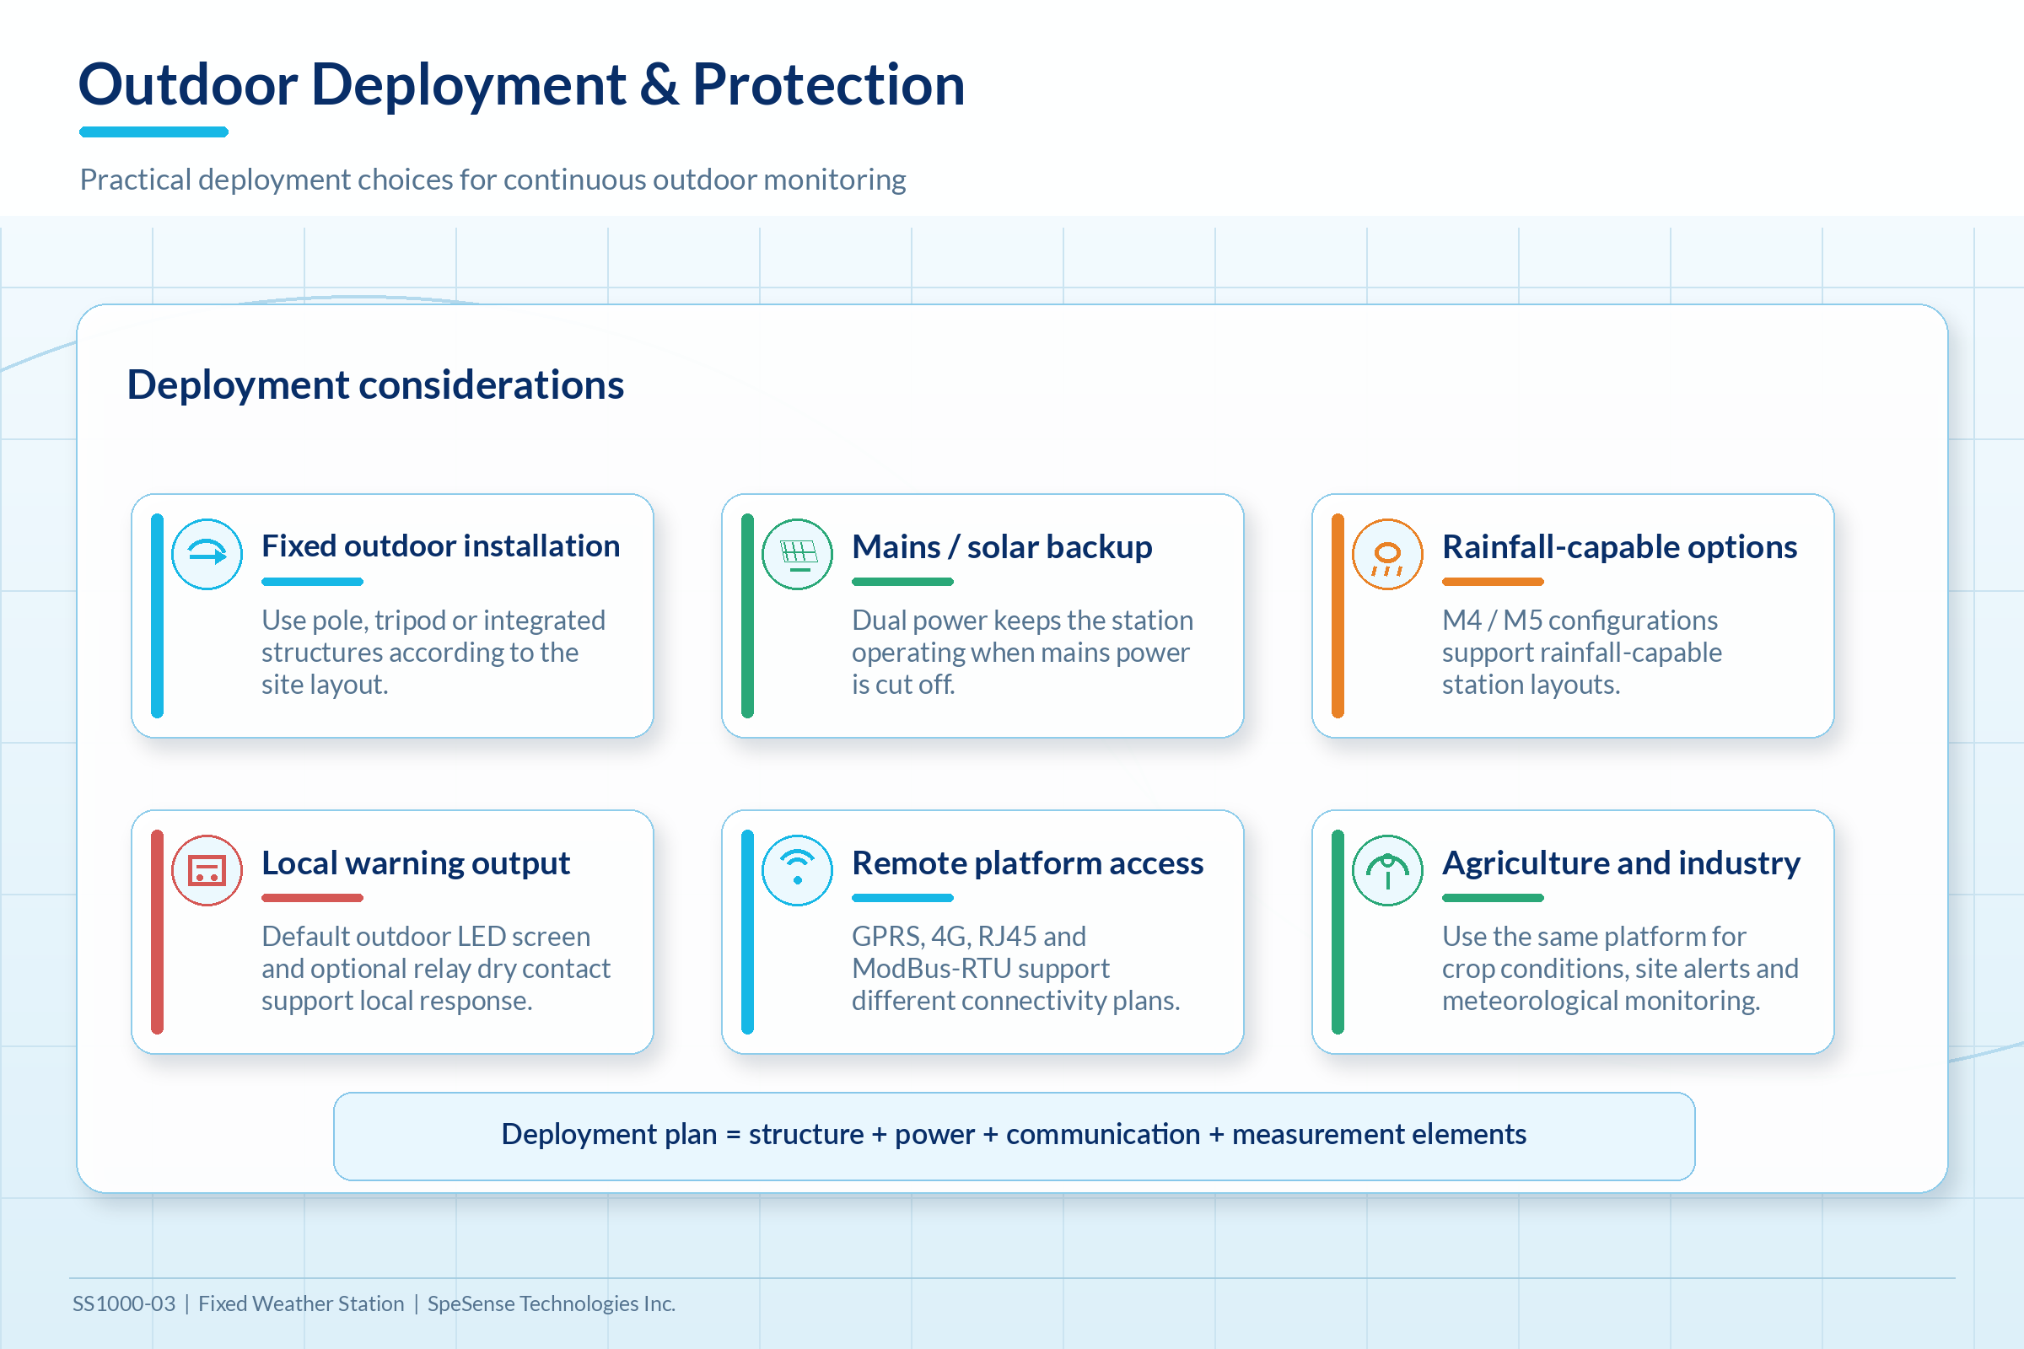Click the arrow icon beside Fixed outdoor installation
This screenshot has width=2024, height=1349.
(207, 554)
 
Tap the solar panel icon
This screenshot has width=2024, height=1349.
(797, 554)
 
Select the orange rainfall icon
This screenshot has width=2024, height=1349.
(1387, 554)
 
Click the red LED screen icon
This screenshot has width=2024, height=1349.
(207, 870)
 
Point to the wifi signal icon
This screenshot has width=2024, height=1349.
(797, 870)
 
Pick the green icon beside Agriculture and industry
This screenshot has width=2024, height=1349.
(1387, 870)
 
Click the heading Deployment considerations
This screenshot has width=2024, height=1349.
(375, 384)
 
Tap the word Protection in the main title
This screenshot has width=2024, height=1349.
(829, 84)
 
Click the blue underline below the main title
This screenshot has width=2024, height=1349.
(154, 132)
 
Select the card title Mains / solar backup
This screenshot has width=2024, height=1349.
(1002, 547)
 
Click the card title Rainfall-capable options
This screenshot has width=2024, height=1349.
(1619, 547)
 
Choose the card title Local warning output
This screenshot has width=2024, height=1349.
(416, 863)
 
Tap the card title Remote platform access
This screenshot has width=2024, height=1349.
(1027, 863)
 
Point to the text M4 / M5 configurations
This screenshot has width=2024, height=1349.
(1580, 621)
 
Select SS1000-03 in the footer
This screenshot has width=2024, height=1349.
(124, 1303)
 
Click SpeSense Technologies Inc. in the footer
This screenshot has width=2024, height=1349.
(552, 1304)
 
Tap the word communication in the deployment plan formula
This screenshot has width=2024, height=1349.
(1103, 1135)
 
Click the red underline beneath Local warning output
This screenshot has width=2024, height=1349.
(312, 898)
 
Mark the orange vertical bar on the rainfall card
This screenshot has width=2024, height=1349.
(1338, 616)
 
